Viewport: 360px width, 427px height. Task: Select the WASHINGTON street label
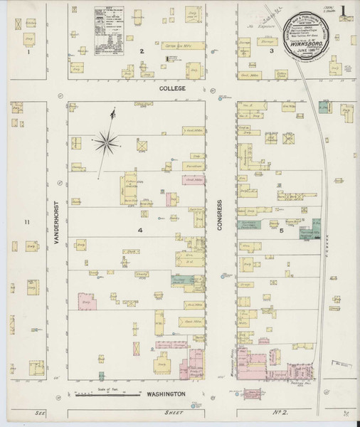[x=166, y=394]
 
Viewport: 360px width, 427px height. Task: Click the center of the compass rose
[x=109, y=142]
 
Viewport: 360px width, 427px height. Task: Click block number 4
[x=140, y=231]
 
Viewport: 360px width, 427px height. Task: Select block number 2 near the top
[x=142, y=51]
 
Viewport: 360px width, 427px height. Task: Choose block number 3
[x=272, y=51]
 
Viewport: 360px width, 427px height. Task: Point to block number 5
[x=282, y=231]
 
